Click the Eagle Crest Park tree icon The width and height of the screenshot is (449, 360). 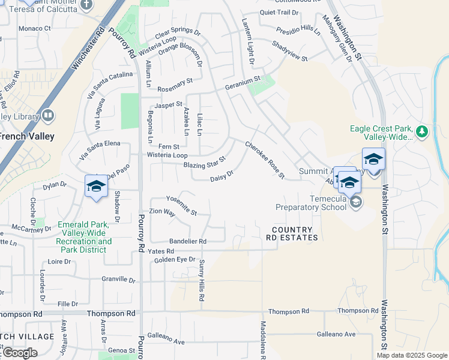click(x=422, y=131)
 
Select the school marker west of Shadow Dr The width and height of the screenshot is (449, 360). click(x=96, y=187)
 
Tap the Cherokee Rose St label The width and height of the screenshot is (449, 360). click(x=264, y=160)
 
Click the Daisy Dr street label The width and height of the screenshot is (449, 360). click(x=221, y=178)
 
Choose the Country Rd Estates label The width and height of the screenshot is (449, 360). click(x=292, y=234)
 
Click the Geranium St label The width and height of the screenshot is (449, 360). click(x=243, y=80)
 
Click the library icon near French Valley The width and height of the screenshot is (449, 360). click(x=48, y=115)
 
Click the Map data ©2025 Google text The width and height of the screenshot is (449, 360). click(x=411, y=355)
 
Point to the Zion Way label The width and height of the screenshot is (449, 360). click(x=162, y=212)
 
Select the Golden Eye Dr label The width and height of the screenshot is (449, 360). click(x=175, y=260)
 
